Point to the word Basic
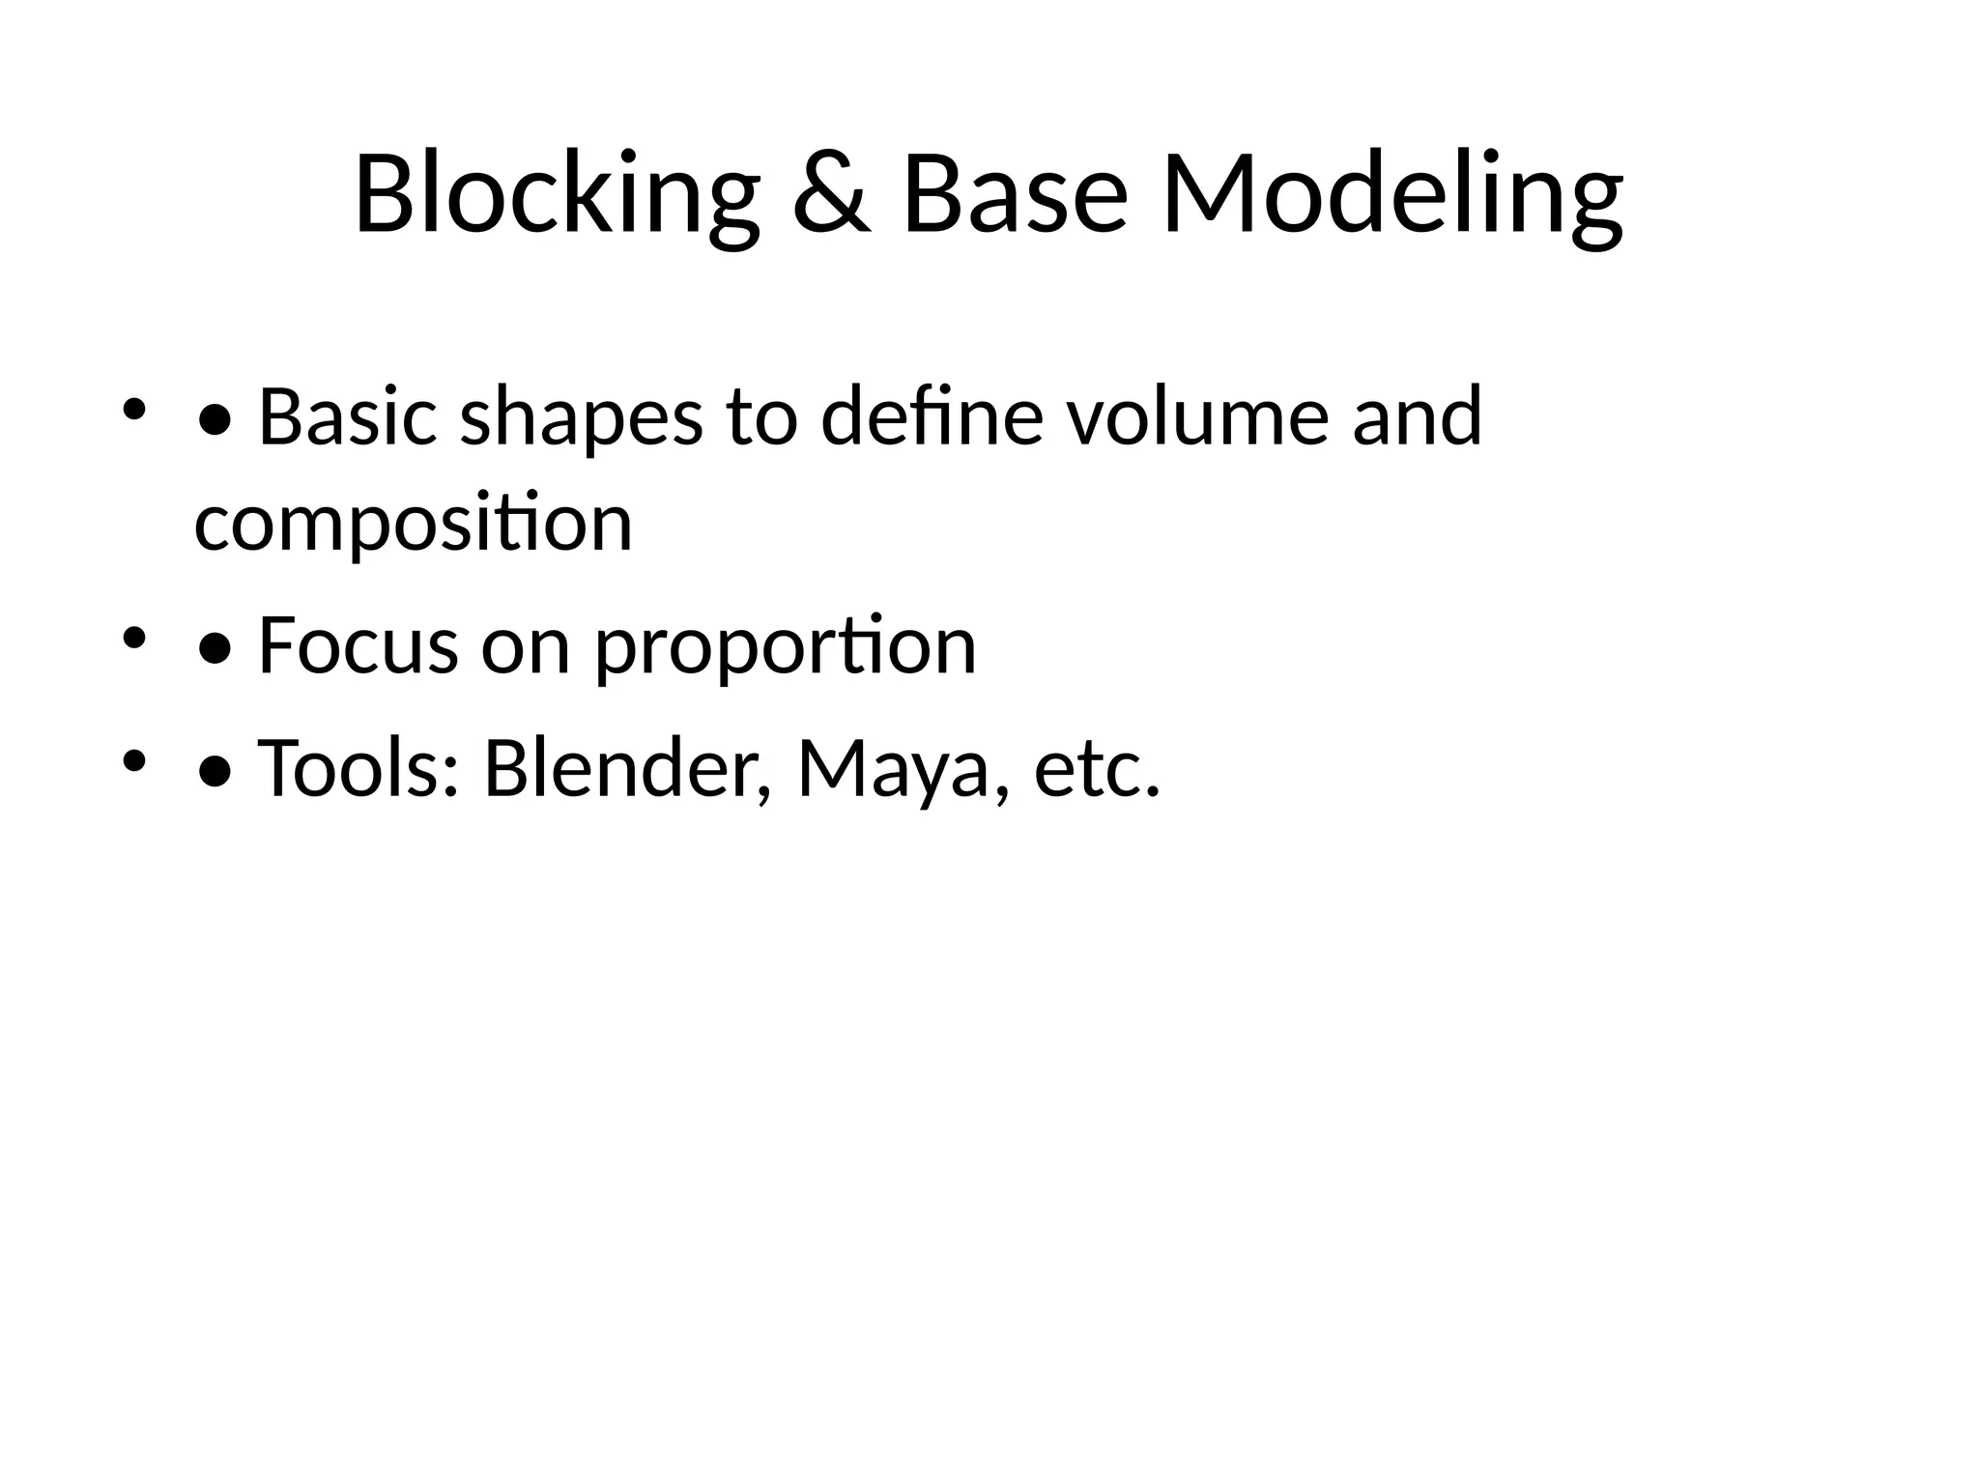coord(348,417)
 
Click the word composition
coord(414,524)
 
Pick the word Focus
coord(358,645)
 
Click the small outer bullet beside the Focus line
coord(134,638)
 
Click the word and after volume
coord(1417,417)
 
